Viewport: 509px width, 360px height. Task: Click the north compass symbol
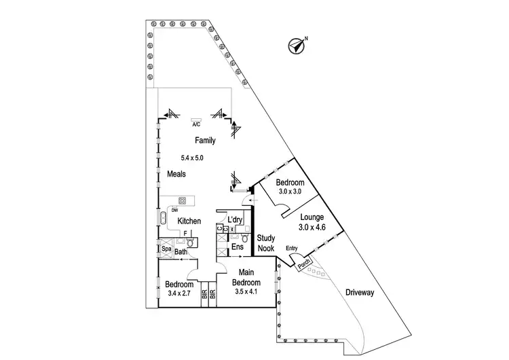(x=296, y=46)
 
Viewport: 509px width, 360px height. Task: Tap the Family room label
(x=205, y=141)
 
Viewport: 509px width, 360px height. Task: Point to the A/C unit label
(x=196, y=124)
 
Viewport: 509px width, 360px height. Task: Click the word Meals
(x=176, y=175)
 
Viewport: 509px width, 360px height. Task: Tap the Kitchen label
(x=189, y=221)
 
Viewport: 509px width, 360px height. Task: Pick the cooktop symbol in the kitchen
(x=183, y=200)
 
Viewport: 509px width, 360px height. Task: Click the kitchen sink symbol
(x=163, y=218)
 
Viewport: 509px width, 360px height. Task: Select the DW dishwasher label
(x=174, y=209)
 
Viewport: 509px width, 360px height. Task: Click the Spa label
(x=165, y=249)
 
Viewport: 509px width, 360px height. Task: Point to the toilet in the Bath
(x=191, y=242)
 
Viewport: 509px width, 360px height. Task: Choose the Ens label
(x=237, y=247)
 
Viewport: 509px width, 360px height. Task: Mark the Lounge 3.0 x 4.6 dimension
(x=313, y=228)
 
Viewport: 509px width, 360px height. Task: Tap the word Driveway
(x=360, y=292)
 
